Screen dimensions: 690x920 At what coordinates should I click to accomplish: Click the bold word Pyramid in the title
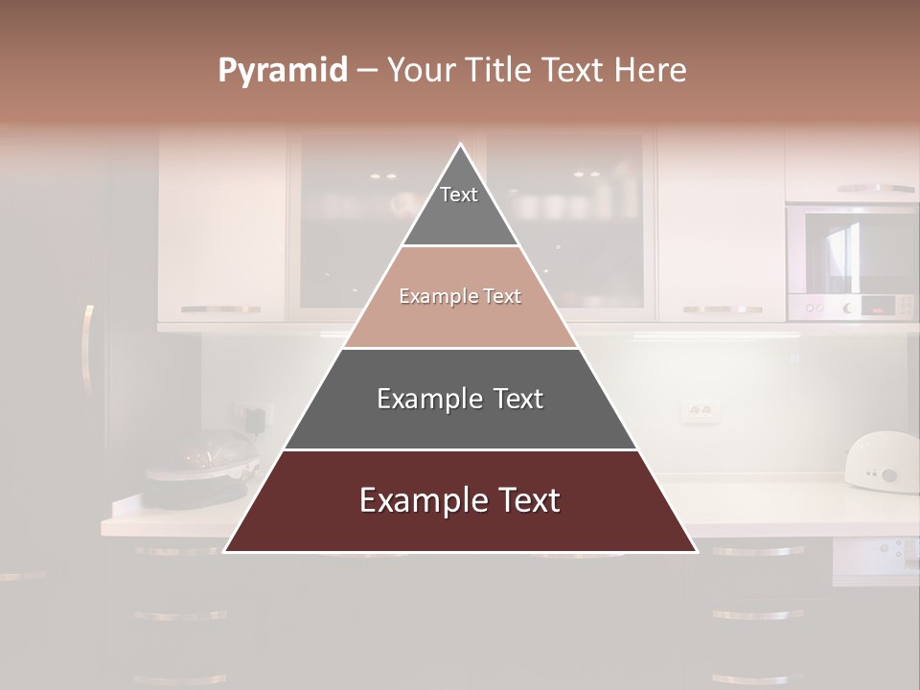click(x=282, y=71)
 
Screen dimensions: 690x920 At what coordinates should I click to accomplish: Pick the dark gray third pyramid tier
click(x=460, y=399)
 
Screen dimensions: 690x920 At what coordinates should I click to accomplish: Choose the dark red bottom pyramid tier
click(x=460, y=501)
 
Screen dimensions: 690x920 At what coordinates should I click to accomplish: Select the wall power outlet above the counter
click(x=699, y=412)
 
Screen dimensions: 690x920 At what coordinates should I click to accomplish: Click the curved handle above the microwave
click(x=874, y=189)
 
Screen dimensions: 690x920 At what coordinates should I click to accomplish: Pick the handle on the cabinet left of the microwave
click(x=723, y=310)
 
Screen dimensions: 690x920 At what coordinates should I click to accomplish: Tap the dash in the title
click(x=367, y=71)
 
